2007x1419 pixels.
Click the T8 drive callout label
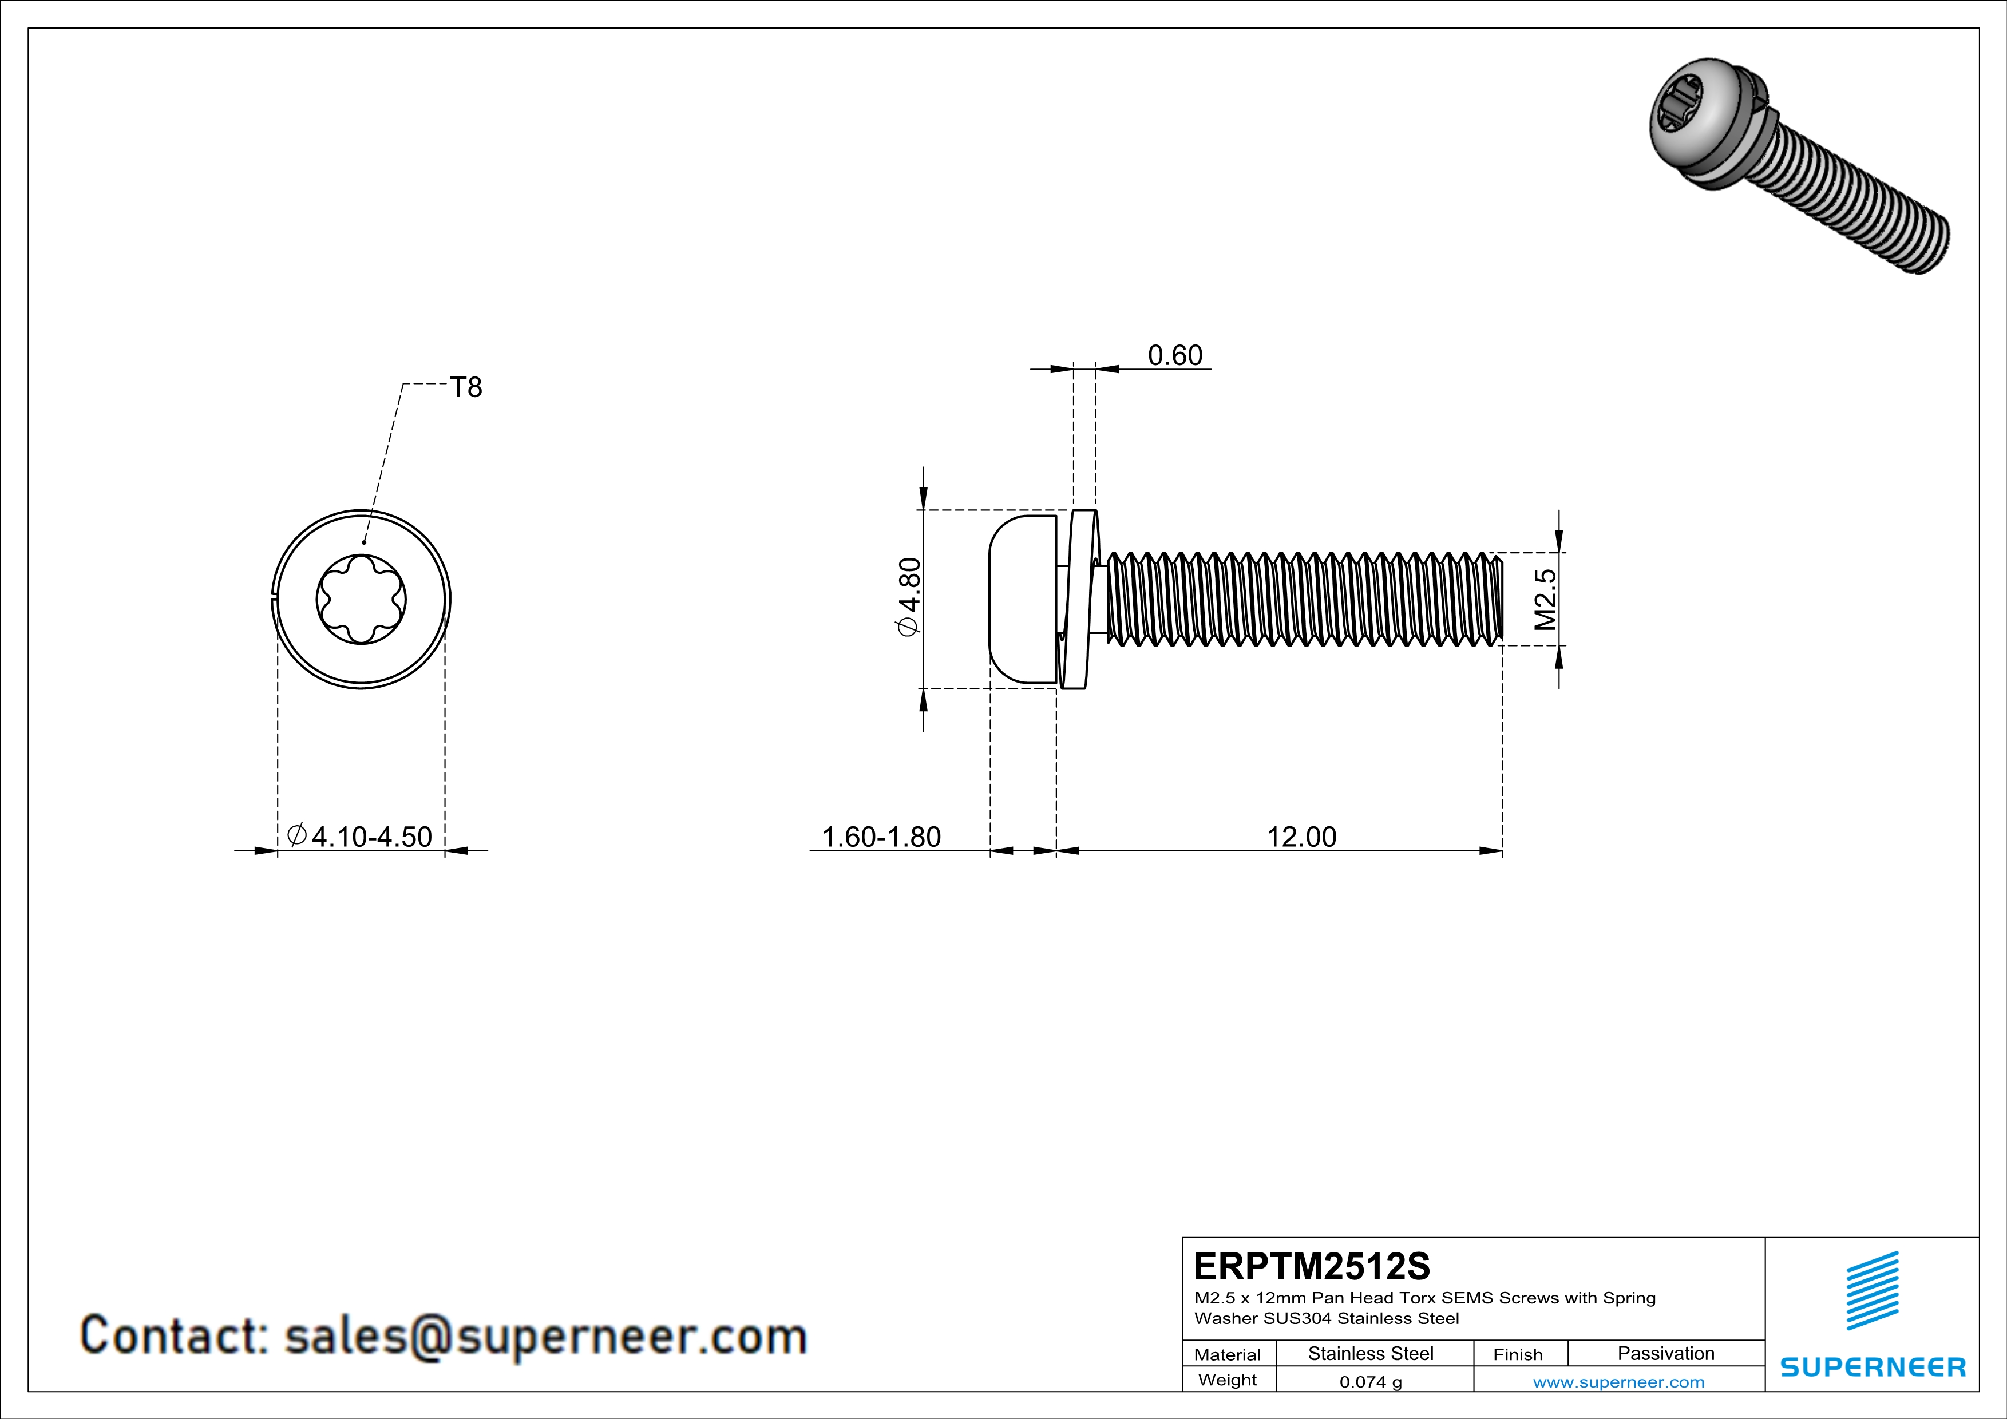[465, 387]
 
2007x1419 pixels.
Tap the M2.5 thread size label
[1545, 600]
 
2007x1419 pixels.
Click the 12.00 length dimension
[1301, 837]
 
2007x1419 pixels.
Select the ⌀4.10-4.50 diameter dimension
[360, 836]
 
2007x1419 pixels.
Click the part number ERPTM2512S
[1311, 1266]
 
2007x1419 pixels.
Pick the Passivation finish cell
[1665, 1353]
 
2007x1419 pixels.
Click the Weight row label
[1228, 1380]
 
